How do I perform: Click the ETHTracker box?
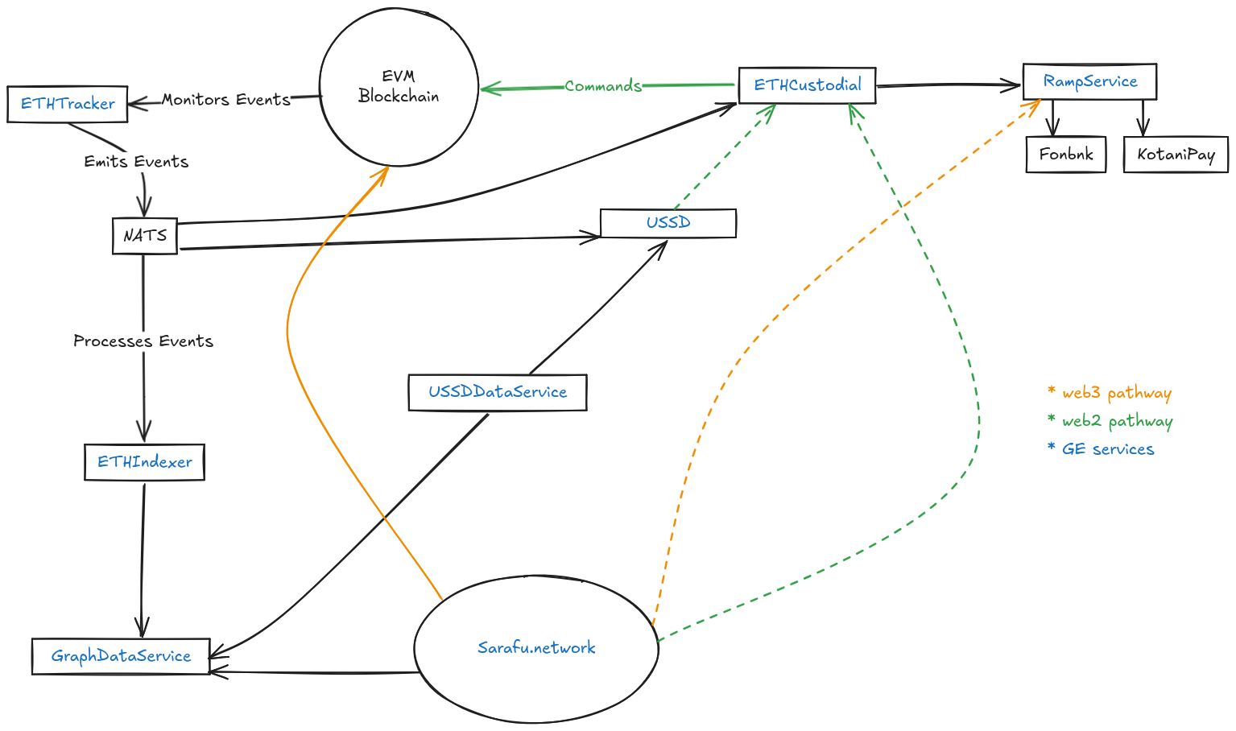coord(68,104)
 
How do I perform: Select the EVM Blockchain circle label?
coord(399,86)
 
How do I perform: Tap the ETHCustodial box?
coord(807,85)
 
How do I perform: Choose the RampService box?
coord(1089,81)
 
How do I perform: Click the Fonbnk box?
coord(1065,154)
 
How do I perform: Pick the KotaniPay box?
coord(1176,155)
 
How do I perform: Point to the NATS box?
coord(145,236)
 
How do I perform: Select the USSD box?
coord(668,223)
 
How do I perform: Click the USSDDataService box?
coord(498,393)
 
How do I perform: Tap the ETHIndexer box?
coord(145,462)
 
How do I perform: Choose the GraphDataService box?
coord(121,656)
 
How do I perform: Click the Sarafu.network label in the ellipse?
coord(536,648)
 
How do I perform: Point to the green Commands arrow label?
coord(603,86)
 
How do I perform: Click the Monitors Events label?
coord(226,100)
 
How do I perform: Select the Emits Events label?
coord(136,162)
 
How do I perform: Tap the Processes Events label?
coord(143,341)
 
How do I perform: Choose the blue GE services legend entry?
coord(1101,449)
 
